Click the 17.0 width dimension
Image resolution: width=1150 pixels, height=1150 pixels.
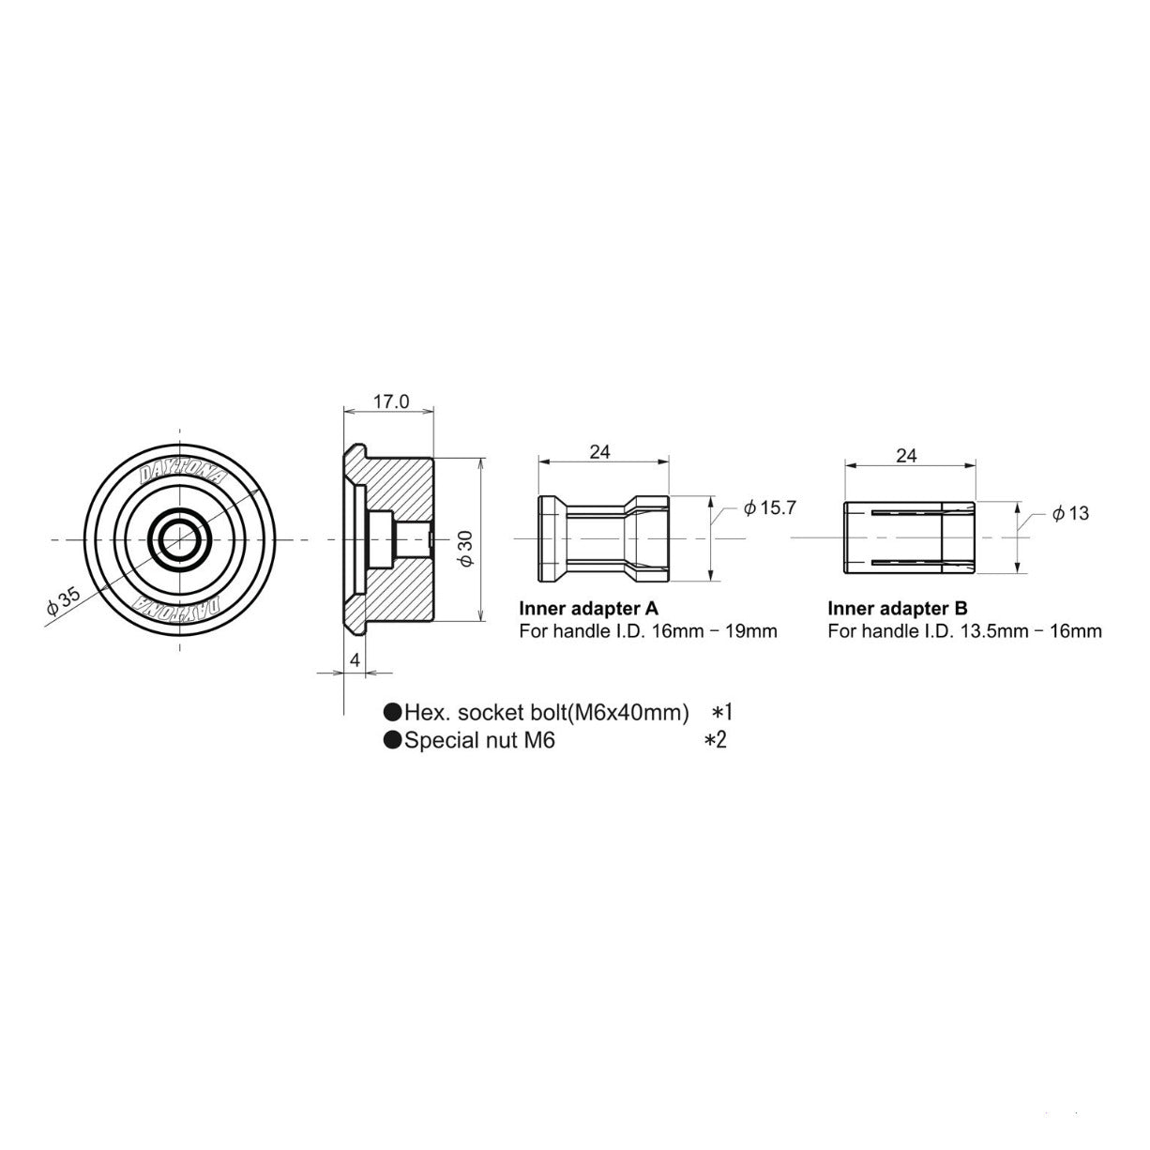tap(391, 401)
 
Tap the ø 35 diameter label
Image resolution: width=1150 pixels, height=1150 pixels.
tap(63, 602)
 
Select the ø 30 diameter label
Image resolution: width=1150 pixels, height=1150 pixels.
tap(466, 549)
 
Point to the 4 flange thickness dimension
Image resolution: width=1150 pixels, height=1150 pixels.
tap(356, 660)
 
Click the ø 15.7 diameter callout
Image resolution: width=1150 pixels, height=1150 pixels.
tap(770, 507)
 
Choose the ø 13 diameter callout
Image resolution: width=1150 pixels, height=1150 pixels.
tap(1070, 513)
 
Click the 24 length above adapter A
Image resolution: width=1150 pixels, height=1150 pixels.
tap(599, 452)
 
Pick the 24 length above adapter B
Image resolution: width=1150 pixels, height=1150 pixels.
tap(906, 456)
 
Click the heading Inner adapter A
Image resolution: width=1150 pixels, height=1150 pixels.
tap(588, 608)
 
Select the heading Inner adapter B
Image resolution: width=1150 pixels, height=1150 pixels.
tap(898, 608)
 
